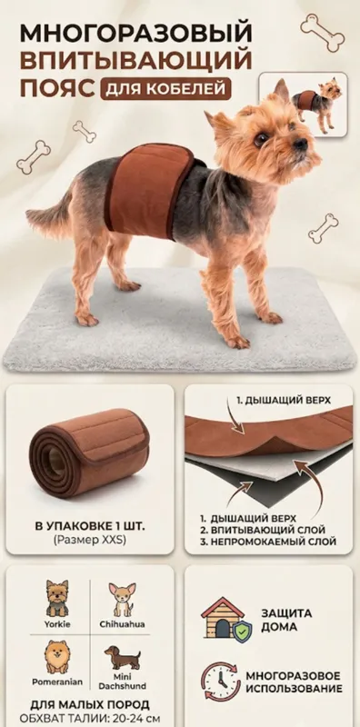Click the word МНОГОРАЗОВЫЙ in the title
pos(136,34)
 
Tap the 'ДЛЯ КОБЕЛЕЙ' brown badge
pos(165,89)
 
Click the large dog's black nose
pos(300,144)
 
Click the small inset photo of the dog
pos(303,105)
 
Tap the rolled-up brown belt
pos(89,453)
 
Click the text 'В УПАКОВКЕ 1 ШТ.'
pos(89,527)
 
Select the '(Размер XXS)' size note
pos(89,540)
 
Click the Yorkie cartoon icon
pos(57,598)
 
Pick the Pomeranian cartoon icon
pos(57,657)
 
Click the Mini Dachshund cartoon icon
pos(122,657)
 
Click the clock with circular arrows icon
pos(221,681)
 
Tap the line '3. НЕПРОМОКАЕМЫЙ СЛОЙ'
pos(268,541)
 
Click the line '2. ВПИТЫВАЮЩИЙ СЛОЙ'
pos(263,530)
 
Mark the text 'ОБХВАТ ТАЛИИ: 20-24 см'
pos(90,718)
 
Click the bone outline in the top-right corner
pos(323,32)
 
